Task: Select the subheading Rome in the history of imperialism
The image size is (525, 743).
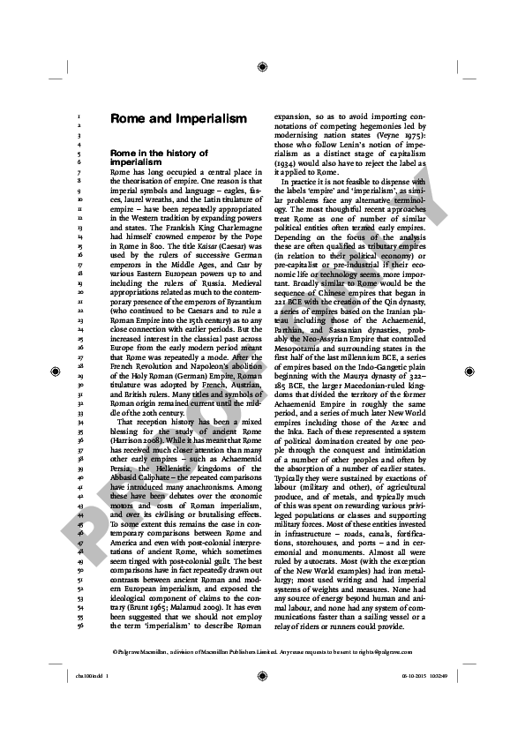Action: (159, 158)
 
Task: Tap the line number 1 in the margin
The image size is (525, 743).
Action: (80, 116)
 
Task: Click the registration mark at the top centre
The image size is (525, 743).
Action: (262, 65)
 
